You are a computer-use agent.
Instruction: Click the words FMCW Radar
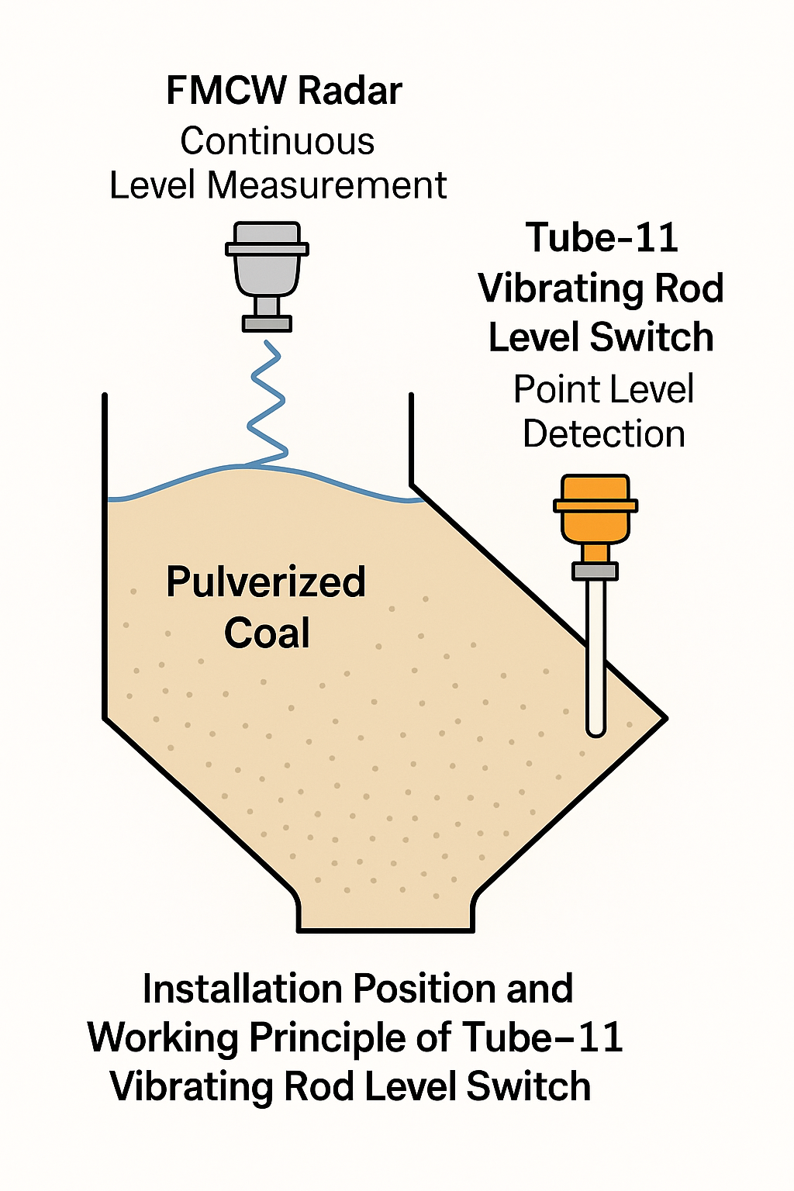coord(284,91)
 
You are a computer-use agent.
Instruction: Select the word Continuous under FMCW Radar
coord(278,141)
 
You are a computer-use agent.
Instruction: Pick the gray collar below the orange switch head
coord(595,571)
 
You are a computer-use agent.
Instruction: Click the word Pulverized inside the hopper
coord(266,582)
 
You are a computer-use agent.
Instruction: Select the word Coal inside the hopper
coord(267,633)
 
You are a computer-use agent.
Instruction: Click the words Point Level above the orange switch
coord(603,389)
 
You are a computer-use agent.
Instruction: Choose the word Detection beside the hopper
coord(603,434)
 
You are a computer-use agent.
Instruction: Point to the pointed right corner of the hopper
coord(663,718)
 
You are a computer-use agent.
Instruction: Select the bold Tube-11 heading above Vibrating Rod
coord(602,237)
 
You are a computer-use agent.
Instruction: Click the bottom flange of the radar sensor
coord(268,323)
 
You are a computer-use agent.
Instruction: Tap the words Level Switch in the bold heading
coord(601,337)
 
